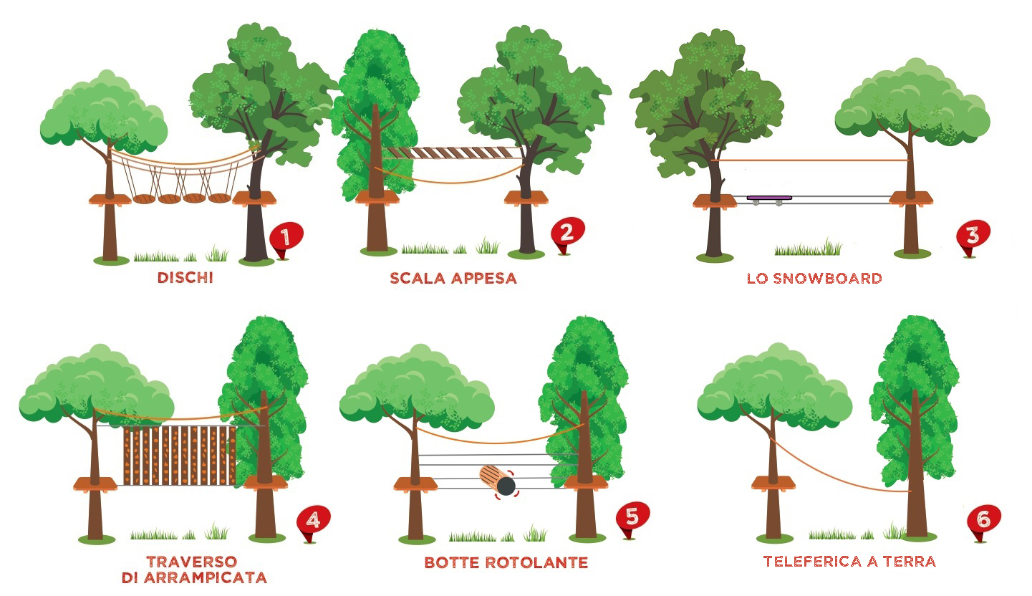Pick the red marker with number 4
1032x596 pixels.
313,522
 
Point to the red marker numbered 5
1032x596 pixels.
632,519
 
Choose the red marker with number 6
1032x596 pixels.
983,521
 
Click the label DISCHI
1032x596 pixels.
185,277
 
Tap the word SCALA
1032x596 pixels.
418,279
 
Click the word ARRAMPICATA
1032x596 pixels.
206,577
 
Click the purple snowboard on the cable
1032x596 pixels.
769,198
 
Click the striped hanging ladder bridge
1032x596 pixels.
454,153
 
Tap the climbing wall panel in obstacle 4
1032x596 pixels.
180,456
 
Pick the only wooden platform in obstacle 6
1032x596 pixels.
773,483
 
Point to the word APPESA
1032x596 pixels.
483,279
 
